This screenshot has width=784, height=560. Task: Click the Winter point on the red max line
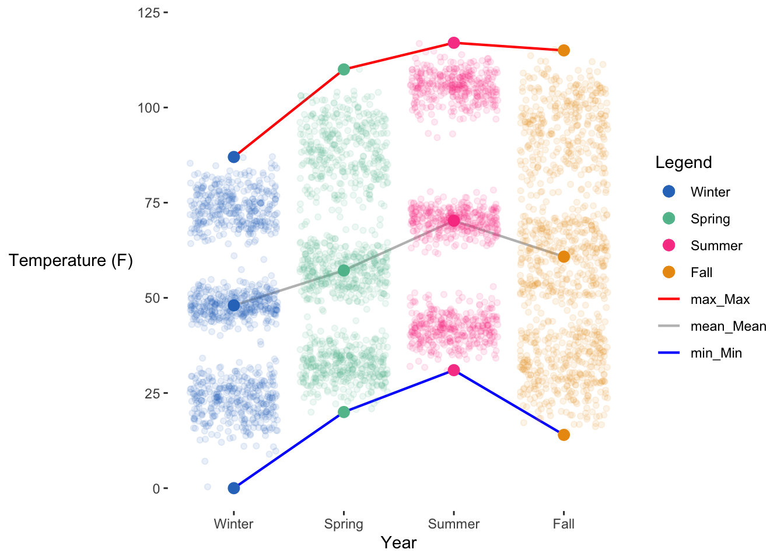coord(234,157)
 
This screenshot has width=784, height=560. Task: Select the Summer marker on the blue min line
coord(454,370)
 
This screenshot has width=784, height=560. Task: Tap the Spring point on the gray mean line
coord(344,270)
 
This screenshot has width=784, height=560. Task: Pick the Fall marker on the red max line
coord(563,50)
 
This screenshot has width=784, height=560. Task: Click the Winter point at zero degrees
coord(234,488)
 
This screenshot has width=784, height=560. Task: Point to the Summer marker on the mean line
coord(454,220)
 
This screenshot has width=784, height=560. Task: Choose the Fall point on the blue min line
coord(563,435)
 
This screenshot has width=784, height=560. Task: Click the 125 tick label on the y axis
coord(149,13)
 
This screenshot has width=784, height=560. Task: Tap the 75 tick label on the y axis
coord(152,203)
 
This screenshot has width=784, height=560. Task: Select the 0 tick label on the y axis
coord(156,488)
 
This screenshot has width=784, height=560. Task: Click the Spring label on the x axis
coord(344,524)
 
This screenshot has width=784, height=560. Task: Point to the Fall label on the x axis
coord(563,524)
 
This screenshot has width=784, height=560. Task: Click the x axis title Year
coord(398,543)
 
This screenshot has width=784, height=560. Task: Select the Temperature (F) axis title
coord(71,260)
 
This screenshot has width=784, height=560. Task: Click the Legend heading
coord(684,162)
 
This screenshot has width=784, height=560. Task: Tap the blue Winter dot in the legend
coord(669,191)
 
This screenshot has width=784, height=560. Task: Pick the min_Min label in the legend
coord(716,353)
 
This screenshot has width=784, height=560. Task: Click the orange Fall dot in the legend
coord(669,272)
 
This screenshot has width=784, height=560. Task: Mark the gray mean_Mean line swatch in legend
coord(669,326)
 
